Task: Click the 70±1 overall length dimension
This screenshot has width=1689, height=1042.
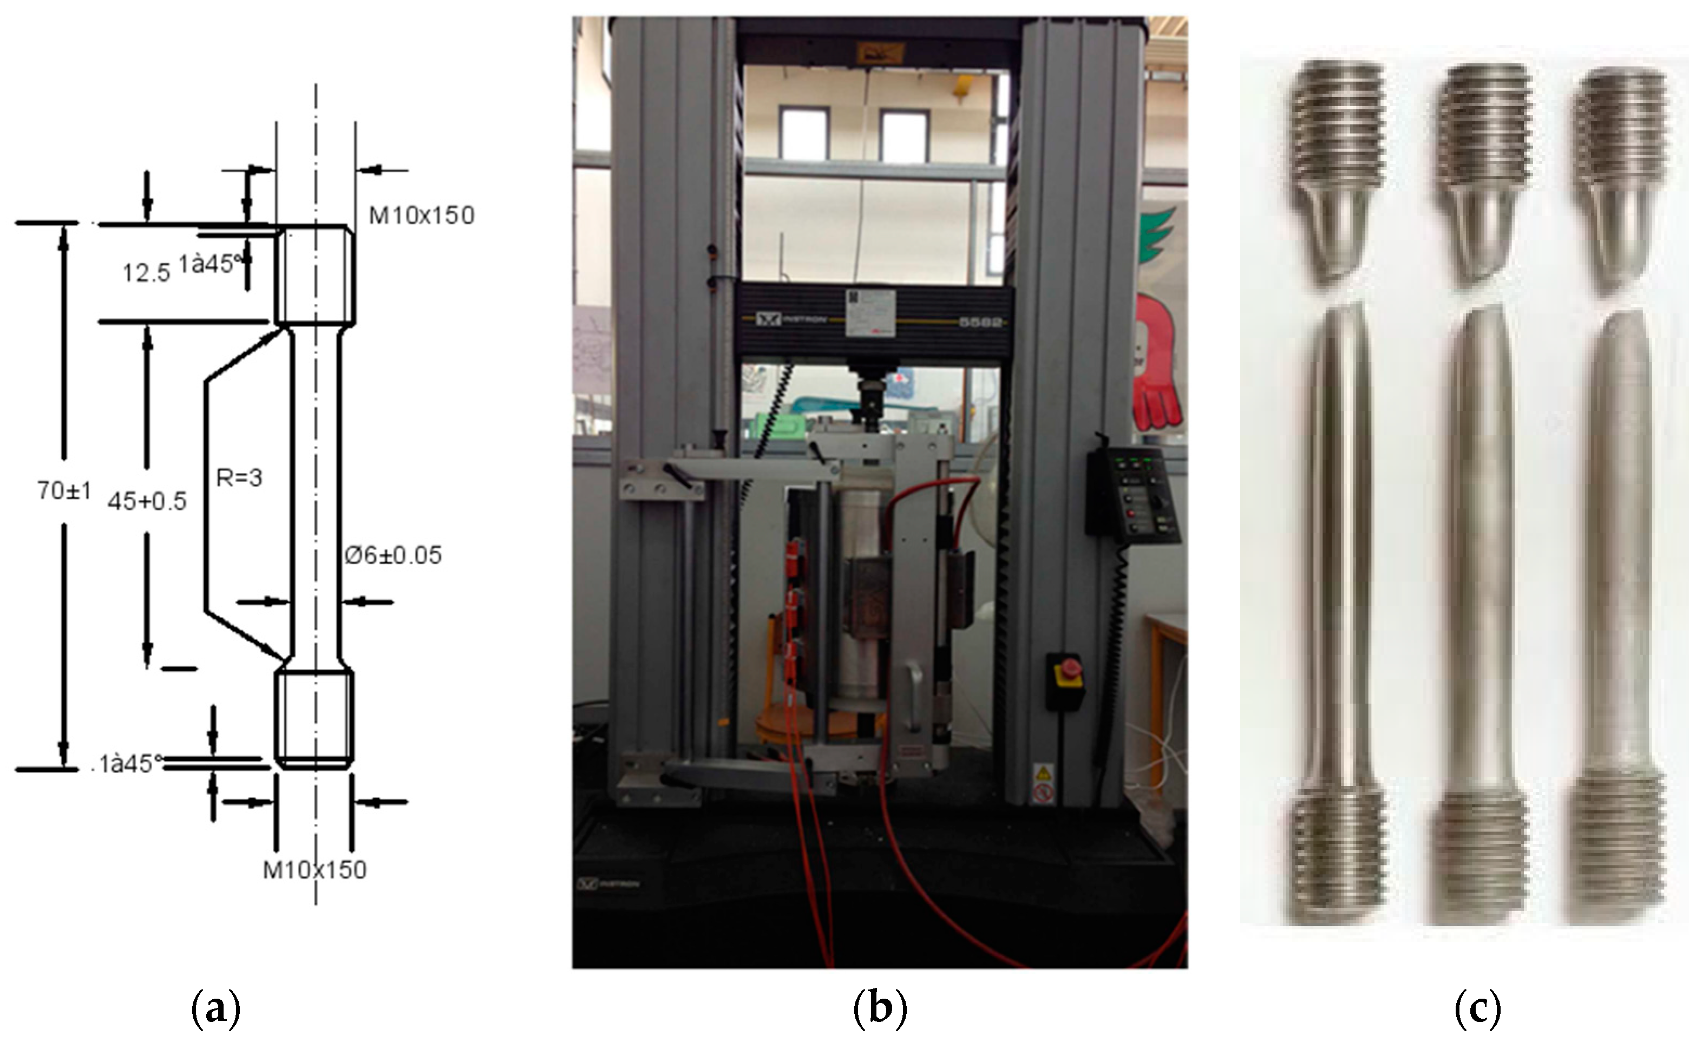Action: pyautogui.click(x=64, y=490)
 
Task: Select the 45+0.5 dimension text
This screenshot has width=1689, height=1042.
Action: pyautogui.click(x=147, y=501)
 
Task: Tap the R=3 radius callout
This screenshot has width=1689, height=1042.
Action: pyautogui.click(x=239, y=477)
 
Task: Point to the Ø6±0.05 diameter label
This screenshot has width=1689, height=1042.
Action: pyautogui.click(x=393, y=555)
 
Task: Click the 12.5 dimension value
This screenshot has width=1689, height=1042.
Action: pyautogui.click(x=146, y=273)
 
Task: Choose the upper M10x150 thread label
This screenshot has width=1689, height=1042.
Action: pyautogui.click(x=422, y=215)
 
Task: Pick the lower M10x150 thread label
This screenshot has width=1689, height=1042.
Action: pyautogui.click(x=315, y=870)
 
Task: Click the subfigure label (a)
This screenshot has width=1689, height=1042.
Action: pyautogui.click(x=215, y=1010)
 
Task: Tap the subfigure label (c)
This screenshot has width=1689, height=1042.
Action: pyautogui.click(x=1477, y=1010)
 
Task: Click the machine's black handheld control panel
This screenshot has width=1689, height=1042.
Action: pyautogui.click(x=1130, y=494)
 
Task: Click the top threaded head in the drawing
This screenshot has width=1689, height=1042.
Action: pyautogui.click(x=316, y=274)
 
